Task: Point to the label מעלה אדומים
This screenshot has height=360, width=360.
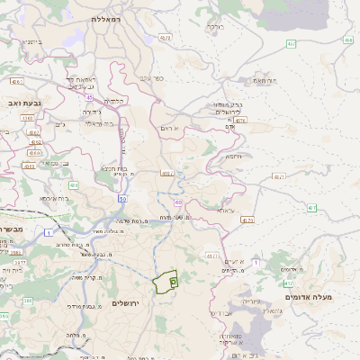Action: [309, 296]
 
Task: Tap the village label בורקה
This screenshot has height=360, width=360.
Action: [214, 27]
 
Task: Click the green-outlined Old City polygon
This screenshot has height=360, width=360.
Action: [166, 283]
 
